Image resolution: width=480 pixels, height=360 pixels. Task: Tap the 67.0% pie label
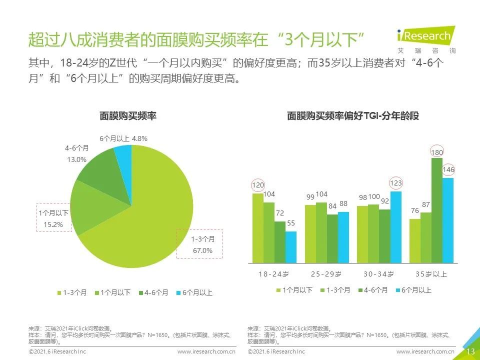click(x=202, y=250)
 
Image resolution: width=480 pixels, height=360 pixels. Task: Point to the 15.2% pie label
click(x=53, y=224)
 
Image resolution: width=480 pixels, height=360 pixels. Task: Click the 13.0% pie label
click(x=76, y=159)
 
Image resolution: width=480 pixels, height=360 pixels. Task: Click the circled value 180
click(x=437, y=152)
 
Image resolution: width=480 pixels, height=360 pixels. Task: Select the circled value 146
click(x=448, y=169)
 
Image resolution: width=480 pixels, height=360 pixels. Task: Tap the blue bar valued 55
click(x=291, y=247)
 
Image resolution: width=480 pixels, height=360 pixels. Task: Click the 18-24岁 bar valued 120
click(x=258, y=228)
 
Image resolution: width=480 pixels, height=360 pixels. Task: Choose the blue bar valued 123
click(x=396, y=227)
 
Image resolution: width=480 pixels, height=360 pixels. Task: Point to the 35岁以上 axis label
click(x=431, y=274)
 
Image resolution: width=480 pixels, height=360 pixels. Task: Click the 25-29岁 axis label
click(x=326, y=274)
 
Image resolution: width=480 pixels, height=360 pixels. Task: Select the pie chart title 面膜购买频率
click(x=128, y=115)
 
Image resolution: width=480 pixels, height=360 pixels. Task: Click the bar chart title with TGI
click(x=353, y=115)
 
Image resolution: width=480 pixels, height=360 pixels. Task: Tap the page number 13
click(x=470, y=351)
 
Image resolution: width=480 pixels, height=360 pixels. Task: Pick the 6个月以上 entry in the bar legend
click(x=413, y=290)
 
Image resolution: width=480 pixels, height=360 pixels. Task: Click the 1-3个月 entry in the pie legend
click(x=72, y=292)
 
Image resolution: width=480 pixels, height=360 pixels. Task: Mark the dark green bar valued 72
click(x=280, y=242)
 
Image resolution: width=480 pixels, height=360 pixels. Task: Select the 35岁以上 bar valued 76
click(x=415, y=241)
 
